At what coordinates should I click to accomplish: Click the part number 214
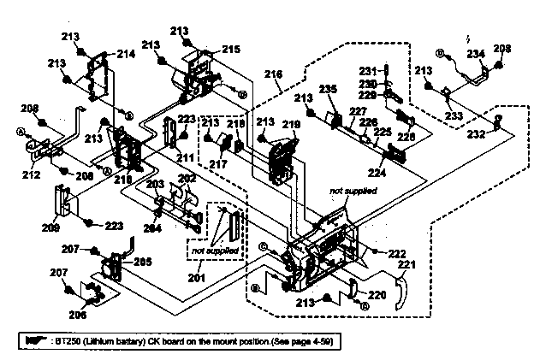click(126, 53)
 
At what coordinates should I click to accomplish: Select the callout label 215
click(231, 50)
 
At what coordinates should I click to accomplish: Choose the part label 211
click(185, 159)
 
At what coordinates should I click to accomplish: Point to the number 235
click(328, 89)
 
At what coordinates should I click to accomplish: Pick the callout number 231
click(367, 70)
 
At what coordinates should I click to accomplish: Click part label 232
click(477, 134)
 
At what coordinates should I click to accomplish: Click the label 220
click(377, 294)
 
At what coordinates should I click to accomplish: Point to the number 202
click(186, 178)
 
